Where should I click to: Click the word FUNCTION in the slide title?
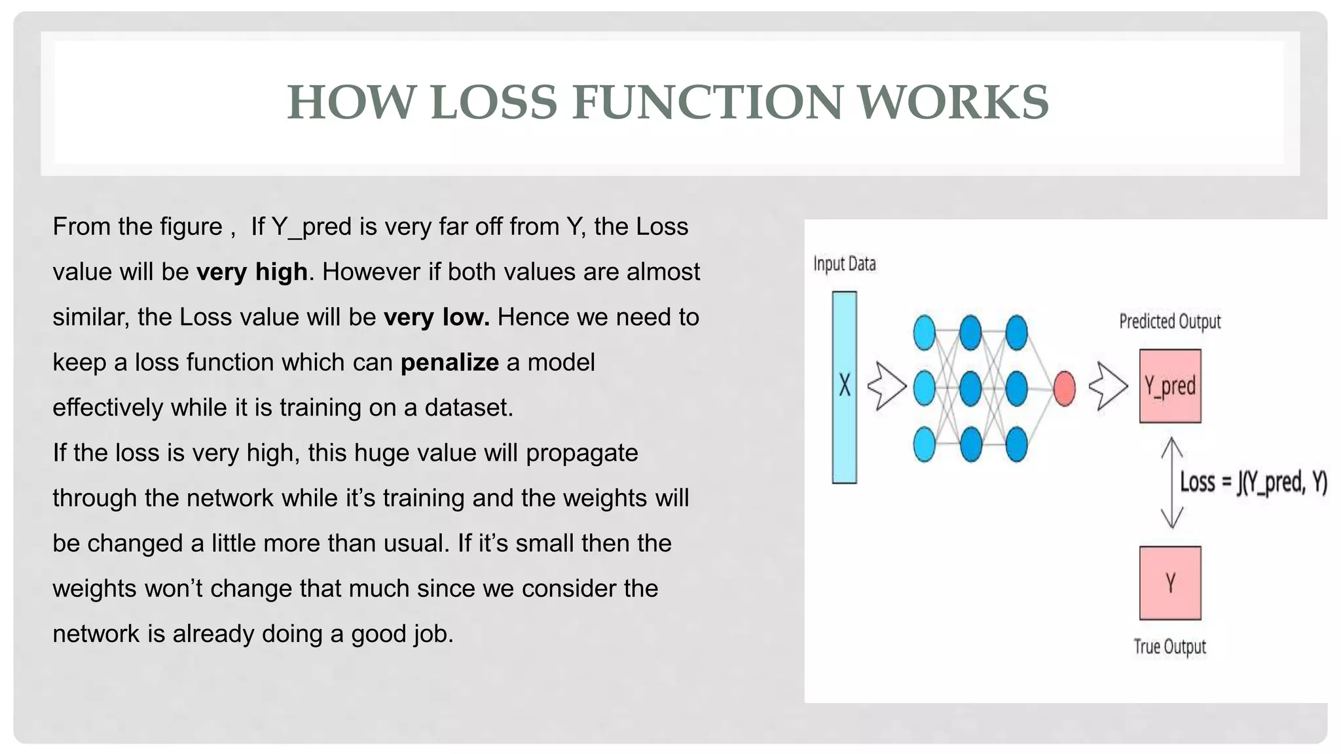tap(707, 103)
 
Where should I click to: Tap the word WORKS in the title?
tap(953, 103)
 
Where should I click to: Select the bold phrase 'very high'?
tap(252, 272)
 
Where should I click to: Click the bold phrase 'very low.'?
tap(436, 317)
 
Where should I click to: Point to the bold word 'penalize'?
tap(449, 363)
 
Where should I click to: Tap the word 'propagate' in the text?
tap(581, 453)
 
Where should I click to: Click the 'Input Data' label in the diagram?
tap(844, 264)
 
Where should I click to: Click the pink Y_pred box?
tap(1169, 386)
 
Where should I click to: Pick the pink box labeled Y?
tap(1169, 583)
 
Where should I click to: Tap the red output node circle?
tap(1064, 388)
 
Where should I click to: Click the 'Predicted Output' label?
tap(1169, 321)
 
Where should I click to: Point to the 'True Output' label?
tap(1169, 647)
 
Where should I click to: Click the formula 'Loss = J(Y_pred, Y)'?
tap(1253, 483)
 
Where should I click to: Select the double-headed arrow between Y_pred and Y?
tap(1171, 483)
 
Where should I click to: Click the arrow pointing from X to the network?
tap(886, 386)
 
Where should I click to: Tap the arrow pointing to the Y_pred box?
tap(1107, 386)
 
